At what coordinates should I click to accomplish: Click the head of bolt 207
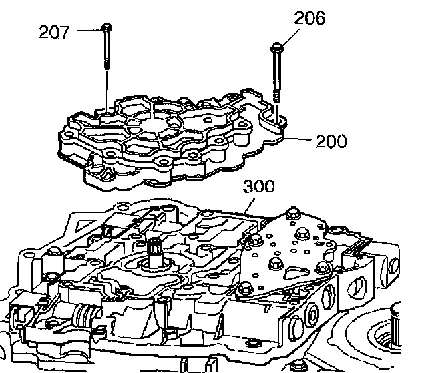[x=106, y=27]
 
